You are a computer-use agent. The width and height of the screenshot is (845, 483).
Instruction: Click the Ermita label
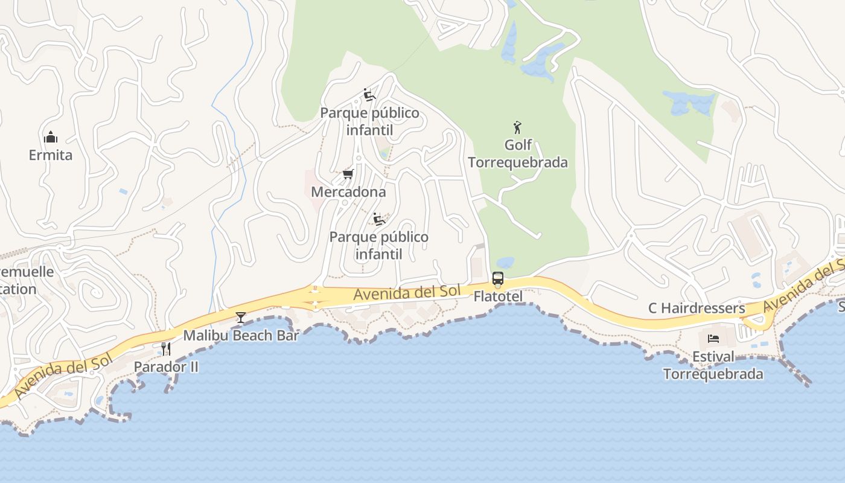tap(51, 155)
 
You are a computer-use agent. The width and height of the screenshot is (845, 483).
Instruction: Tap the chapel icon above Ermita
tap(51, 137)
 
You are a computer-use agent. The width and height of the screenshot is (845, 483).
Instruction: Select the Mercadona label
tap(348, 192)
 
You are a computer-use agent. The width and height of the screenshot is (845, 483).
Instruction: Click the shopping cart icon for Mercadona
tap(348, 174)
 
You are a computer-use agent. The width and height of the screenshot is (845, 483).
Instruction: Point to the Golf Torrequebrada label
tap(518, 154)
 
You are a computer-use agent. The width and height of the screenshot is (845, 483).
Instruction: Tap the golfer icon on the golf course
tap(517, 127)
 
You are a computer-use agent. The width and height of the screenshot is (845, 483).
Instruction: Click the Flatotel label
tap(498, 296)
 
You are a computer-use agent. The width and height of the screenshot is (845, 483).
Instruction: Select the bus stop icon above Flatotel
tap(498, 278)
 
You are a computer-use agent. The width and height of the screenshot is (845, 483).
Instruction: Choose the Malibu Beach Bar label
tap(241, 335)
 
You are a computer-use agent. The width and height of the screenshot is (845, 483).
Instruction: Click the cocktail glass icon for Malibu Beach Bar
tap(241, 317)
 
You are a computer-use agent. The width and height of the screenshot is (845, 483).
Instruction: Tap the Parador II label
tap(166, 366)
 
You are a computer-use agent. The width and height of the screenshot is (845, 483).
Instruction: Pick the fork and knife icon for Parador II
tap(166, 348)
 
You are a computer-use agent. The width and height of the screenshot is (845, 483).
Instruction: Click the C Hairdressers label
tap(697, 308)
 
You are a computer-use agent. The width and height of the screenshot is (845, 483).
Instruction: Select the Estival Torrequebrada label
tap(713, 365)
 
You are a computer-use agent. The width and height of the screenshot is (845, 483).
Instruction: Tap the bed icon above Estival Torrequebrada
tap(713, 339)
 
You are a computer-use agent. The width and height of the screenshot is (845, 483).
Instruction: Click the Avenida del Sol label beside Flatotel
tap(407, 293)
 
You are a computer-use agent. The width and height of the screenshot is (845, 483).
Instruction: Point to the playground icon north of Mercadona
tap(369, 95)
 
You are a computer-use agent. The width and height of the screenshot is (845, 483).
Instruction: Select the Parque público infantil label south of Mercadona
tap(378, 245)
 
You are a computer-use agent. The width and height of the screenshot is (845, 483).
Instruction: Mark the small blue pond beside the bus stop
tap(505, 263)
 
